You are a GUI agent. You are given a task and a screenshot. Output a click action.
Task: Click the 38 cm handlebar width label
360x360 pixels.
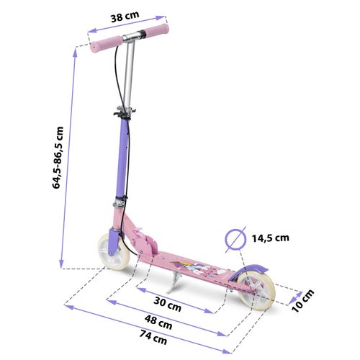[125, 17]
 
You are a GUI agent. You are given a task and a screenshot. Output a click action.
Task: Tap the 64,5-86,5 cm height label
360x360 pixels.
[58, 158]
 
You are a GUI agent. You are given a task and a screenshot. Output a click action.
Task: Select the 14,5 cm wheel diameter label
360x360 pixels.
[270, 238]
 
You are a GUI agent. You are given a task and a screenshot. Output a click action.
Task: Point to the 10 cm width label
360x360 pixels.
[302, 301]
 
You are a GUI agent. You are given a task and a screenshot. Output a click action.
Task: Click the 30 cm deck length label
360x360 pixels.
[167, 304]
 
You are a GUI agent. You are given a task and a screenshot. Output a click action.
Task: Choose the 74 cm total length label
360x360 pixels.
[153, 337]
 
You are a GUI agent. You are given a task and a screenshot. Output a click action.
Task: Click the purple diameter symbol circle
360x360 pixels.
[235, 239]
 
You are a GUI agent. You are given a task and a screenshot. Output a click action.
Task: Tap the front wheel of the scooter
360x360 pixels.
[114, 254]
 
